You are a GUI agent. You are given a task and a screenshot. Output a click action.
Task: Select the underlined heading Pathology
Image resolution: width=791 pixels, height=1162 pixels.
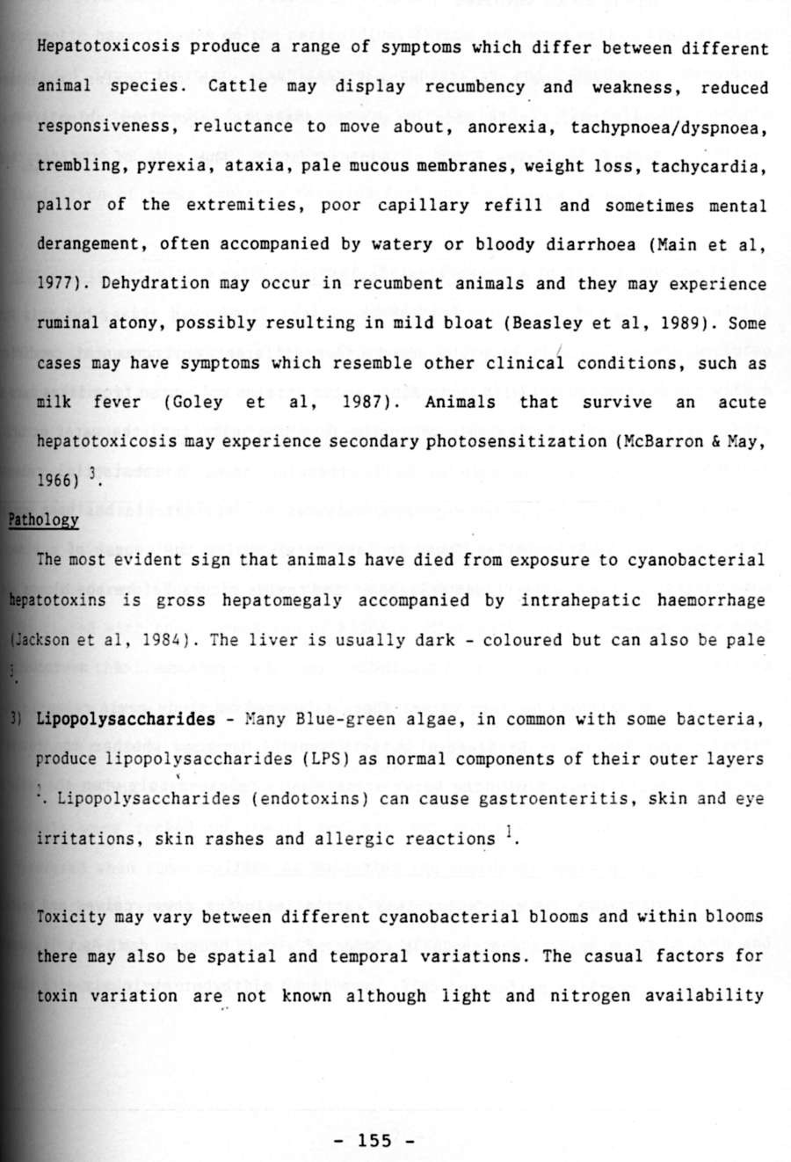coord(43,519)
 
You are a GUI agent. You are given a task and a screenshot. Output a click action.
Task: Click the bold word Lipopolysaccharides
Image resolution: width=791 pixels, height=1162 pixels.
coord(126,719)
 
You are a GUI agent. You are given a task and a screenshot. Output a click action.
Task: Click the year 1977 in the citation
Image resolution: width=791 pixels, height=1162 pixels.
coord(54,284)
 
